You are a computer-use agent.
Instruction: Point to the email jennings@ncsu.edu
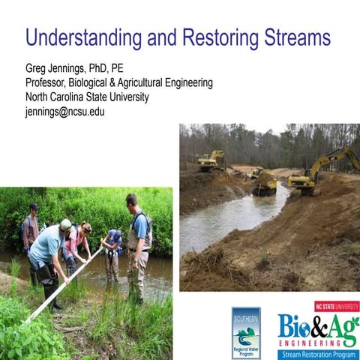coord(64,111)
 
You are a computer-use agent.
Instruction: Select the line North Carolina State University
coord(87,97)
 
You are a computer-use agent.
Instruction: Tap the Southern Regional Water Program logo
coord(246,332)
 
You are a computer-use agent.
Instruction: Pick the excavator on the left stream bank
coord(211,160)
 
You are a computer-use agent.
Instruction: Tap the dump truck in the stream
coord(264,182)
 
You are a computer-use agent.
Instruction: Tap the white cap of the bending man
coord(66,224)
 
